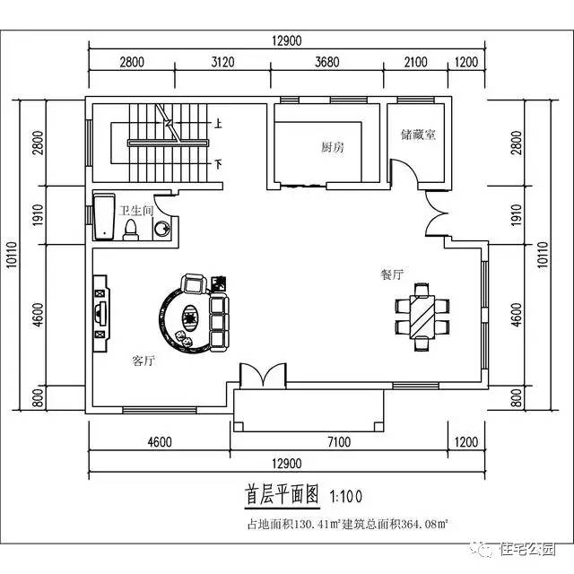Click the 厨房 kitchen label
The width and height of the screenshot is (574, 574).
332,146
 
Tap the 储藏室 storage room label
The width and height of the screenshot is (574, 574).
418,135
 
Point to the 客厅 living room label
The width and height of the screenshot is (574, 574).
143,361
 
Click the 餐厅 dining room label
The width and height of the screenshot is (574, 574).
391,274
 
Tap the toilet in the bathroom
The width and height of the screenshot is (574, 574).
131,231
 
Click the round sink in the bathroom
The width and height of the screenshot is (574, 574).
161,230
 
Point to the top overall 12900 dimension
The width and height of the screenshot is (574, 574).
285,39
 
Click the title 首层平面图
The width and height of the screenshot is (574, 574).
283,494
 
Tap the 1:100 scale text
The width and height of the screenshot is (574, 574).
347,495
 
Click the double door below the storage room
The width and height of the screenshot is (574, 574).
437,216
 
